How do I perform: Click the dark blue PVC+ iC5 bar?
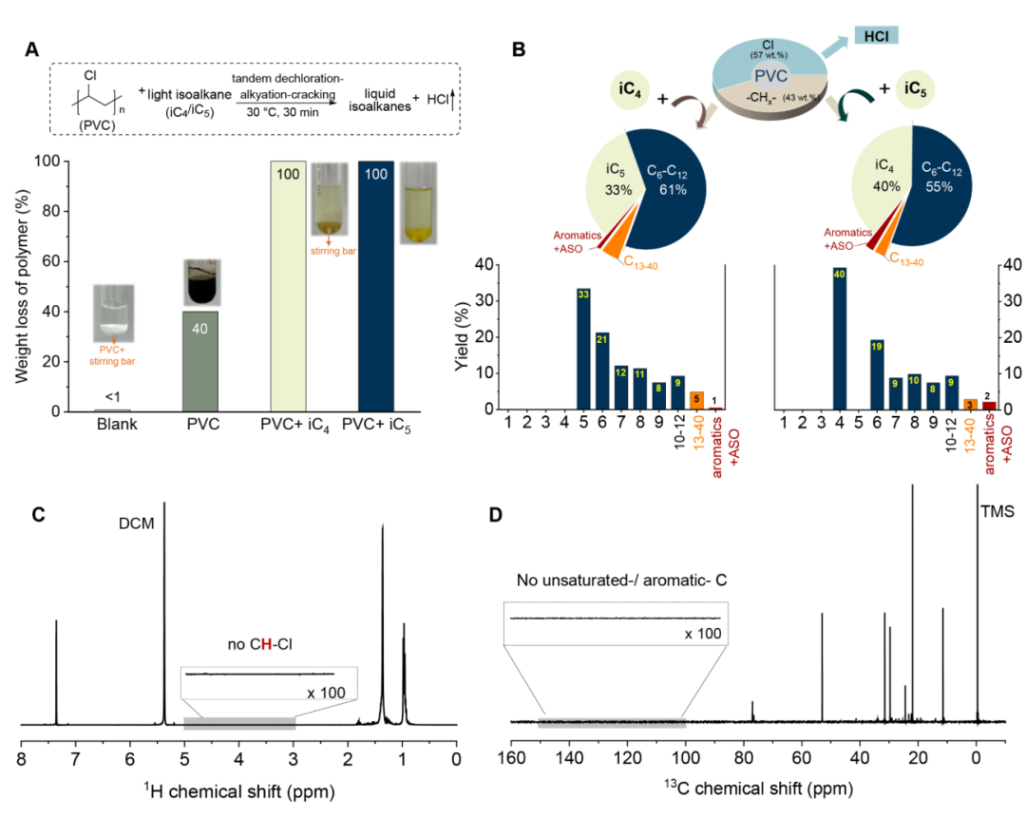387,285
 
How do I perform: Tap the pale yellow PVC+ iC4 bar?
301,285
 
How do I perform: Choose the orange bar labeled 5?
696,400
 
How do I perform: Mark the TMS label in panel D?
997,510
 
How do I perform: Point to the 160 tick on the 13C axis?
510,757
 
